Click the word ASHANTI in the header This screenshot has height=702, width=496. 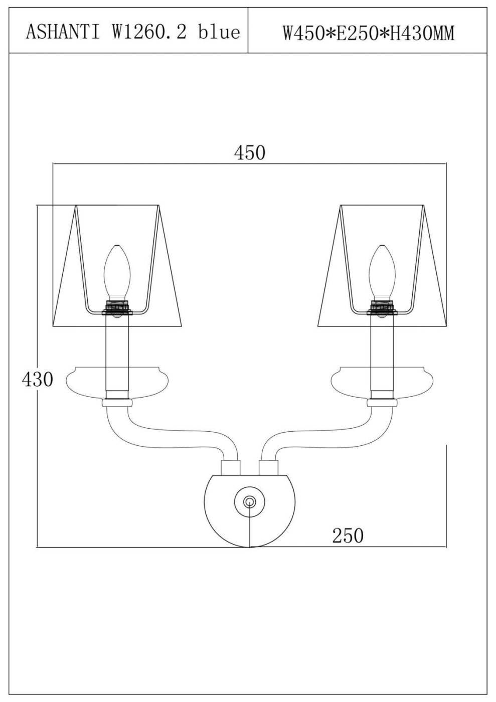pyautogui.click(x=63, y=32)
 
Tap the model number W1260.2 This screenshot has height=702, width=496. pyautogui.click(x=148, y=32)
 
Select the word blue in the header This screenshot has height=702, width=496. pyautogui.click(x=219, y=32)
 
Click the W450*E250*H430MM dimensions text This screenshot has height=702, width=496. pyautogui.click(x=369, y=33)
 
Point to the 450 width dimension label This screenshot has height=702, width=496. pyautogui.click(x=250, y=152)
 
